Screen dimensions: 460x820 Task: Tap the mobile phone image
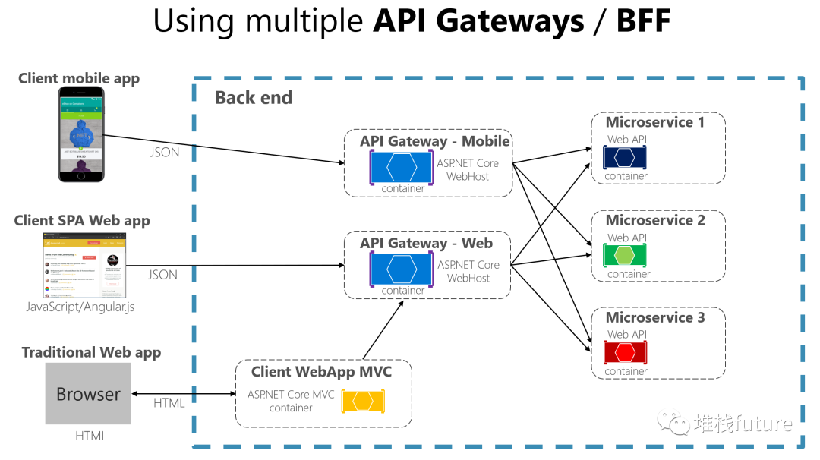click(x=81, y=134)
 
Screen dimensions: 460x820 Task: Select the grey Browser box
click(x=88, y=393)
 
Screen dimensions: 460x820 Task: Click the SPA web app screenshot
click(x=85, y=266)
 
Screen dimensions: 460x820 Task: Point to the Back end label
click(x=253, y=98)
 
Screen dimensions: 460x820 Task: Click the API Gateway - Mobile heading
click(x=434, y=141)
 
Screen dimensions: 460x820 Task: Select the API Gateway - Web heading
click(x=426, y=243)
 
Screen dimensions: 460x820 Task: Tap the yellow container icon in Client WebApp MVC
click(x=363, y=401)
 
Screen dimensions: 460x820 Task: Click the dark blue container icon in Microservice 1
click(x=624, y=157)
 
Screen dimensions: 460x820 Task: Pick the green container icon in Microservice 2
click(x=624, y=255)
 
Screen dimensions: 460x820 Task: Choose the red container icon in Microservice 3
click(x=624, y=352)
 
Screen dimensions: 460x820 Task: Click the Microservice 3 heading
click(x=655, y=317)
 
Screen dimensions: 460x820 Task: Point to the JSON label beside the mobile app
click(x=164, y=152)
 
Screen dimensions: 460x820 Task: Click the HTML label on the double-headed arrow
click(x=169, y=402)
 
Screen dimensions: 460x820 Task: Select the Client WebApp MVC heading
click(x=322, y=372)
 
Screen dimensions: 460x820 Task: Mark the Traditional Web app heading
click(x=91, y=352)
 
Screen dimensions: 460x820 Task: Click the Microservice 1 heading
click(x=655, y=122)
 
